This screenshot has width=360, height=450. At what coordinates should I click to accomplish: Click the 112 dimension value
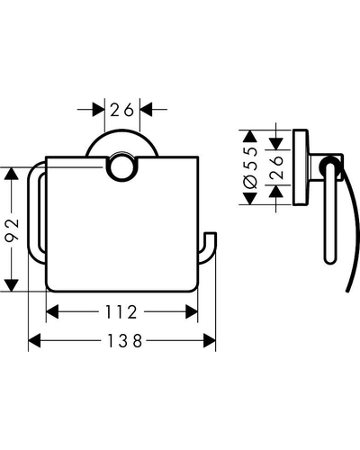121,311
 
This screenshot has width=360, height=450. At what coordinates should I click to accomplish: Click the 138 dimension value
124,341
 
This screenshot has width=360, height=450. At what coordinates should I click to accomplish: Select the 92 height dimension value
13,229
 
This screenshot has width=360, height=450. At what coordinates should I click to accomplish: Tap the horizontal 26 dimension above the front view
121,110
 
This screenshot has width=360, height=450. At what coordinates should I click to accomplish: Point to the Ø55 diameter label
251,167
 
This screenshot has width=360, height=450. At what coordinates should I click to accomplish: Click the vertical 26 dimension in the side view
276,167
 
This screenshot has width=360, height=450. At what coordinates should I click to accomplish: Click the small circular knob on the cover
121,167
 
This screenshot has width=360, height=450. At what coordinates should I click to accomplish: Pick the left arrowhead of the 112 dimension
52,311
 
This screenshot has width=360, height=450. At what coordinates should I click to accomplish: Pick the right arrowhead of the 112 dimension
192,311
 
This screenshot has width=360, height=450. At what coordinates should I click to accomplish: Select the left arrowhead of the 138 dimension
34,341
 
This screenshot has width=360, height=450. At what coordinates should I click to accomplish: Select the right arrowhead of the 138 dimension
210,341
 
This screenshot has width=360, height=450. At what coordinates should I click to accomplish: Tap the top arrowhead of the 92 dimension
12,174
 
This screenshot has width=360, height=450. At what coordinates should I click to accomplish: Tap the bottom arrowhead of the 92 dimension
12,285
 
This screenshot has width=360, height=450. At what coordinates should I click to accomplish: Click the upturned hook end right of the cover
209,247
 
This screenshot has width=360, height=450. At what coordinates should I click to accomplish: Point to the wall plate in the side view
301,167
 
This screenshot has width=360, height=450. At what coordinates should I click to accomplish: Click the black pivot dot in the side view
329,167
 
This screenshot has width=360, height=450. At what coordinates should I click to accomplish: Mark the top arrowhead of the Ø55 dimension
250,137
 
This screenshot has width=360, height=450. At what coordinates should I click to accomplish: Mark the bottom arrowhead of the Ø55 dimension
250,199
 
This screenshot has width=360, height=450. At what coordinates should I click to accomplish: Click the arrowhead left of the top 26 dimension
98,110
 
